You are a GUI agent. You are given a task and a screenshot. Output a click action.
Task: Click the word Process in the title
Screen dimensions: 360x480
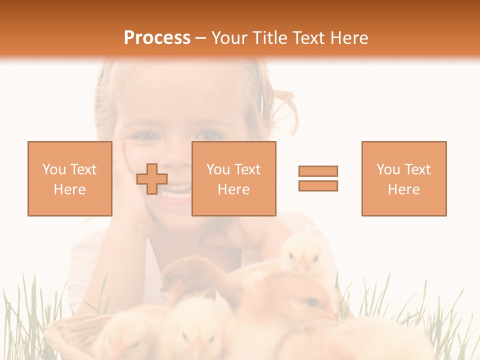pos(157,38)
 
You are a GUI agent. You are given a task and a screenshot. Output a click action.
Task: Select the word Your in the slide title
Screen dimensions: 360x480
pos(229,38)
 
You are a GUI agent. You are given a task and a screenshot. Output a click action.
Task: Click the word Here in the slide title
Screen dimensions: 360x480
pos(345,38)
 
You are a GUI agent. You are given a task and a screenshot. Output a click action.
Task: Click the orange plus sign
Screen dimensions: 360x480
pos(152,179)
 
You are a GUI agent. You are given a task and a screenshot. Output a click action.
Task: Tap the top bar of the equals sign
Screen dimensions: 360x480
pos(318,171)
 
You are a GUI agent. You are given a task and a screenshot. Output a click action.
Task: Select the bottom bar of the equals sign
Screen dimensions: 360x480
pos(318,185)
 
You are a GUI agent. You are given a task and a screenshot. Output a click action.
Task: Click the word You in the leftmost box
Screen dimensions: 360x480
pos(54,169)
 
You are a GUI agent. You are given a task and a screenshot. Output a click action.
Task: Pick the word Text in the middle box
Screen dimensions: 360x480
pos(247,169)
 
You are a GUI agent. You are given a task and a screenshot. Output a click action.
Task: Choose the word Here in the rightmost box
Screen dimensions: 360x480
pos(403,189)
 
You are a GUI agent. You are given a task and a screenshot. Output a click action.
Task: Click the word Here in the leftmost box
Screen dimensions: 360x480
pos(69,189)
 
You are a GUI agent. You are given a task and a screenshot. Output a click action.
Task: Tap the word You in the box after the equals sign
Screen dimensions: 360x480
pos(388,169)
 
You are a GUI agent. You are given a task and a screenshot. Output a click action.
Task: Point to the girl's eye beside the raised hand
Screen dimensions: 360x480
pos(146,135)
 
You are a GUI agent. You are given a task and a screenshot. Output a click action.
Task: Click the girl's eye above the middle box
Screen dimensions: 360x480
pos(209,135)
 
